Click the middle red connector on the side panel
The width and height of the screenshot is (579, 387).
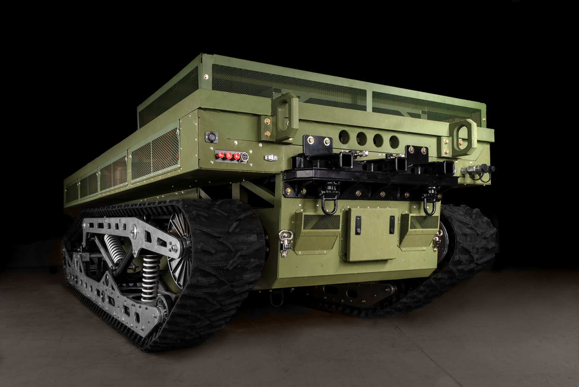(x=227, y=155)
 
